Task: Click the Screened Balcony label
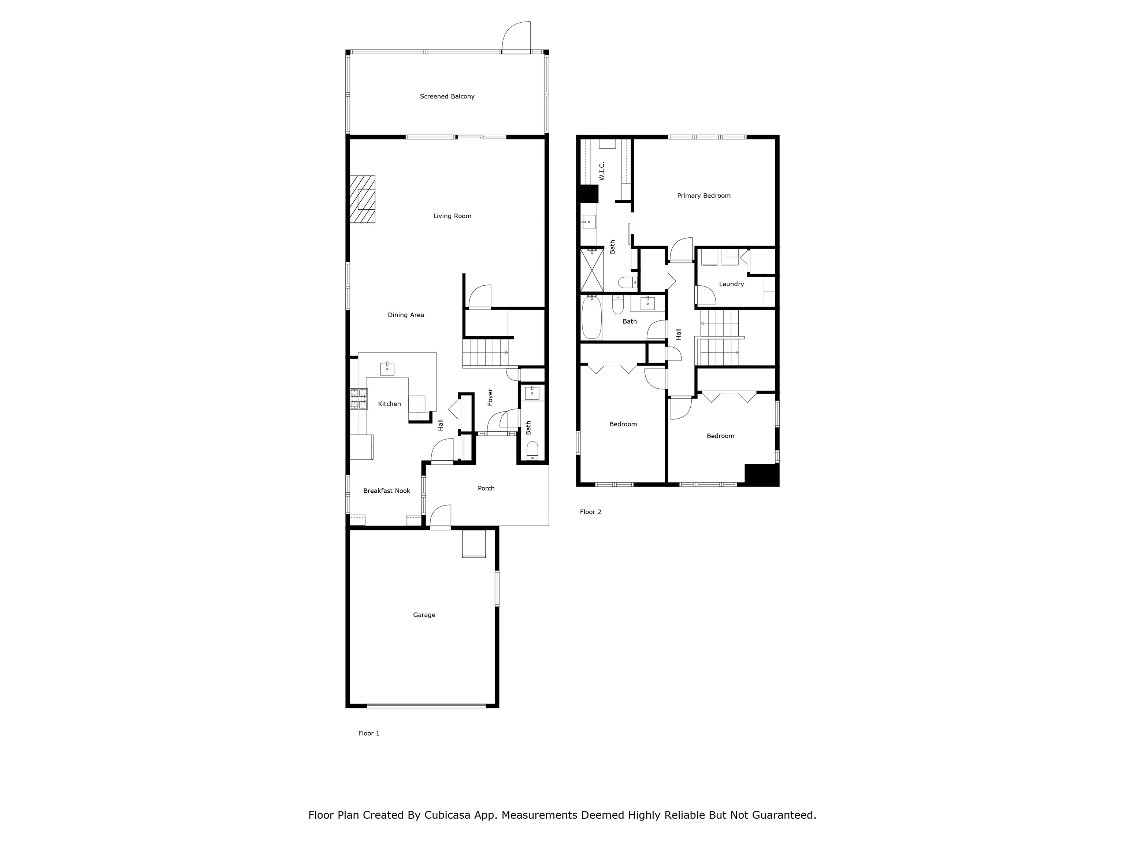tap(447, 96)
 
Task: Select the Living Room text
tap(452, 216)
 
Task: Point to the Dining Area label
tap(405, 315)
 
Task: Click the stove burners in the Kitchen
tap(359, 399)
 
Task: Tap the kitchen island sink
tap(387, 368)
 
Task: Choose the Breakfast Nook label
tap(386, 491)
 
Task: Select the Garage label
tap(424, 615)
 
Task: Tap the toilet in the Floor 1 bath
tap(532, 450)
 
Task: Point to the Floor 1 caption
tap(369, 733)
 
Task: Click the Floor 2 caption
tap(590, 512)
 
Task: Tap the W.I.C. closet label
tap(602, 171)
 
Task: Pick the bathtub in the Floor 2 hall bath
tap(591, 318)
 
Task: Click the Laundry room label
tap(731, 284)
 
